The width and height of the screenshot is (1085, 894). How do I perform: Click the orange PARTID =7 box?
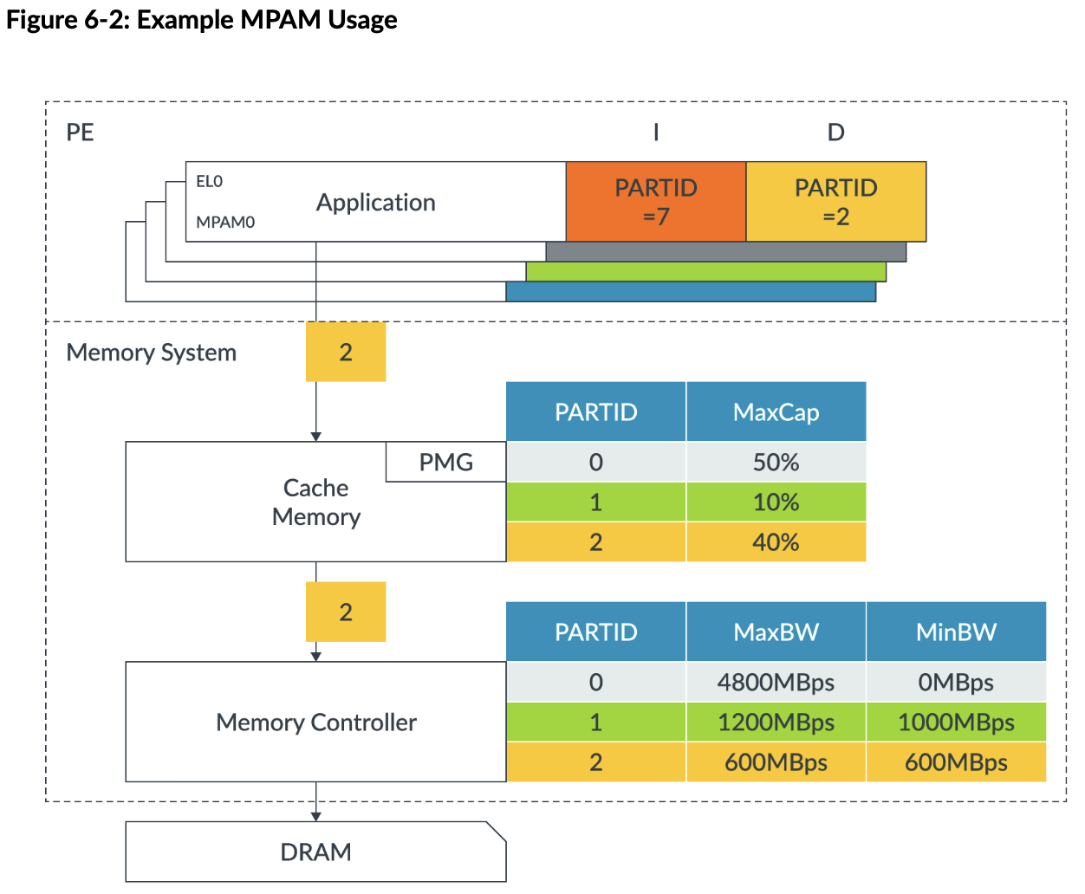tap(656, 202)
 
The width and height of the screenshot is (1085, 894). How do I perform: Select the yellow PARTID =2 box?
tap(836, 202)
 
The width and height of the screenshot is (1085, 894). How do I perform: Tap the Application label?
tap(375, 203)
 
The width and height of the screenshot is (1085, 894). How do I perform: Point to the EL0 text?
tap(209, 181)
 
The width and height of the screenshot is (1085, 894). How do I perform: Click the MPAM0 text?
tap(225, 223)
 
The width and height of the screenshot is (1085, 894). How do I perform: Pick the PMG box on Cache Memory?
tap(445, 462)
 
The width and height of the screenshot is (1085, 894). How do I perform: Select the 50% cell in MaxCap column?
tap(776, 462)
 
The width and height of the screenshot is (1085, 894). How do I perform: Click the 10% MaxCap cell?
tap(776, 502)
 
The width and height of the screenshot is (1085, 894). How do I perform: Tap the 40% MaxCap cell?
tap(776, 542)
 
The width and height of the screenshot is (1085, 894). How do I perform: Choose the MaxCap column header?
tap(776, 412)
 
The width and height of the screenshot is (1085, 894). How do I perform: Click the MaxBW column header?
tap(776, 632)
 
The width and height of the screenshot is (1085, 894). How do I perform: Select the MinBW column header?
tap(956, 632)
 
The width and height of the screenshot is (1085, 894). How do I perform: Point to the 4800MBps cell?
tap(776, 683)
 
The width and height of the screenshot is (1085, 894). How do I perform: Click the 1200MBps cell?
tap(776, 722)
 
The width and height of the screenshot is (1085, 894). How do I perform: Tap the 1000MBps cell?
tap(956, 722)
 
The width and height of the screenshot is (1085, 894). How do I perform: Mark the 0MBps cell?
tap(956, 683)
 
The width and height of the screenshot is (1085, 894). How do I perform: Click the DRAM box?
tap(315, 852)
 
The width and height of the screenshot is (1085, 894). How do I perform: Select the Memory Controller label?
tap(316, 722)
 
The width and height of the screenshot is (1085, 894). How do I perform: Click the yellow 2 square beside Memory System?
tap(346, 352)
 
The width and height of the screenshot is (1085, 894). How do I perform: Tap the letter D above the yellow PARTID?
tap(835, 133)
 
